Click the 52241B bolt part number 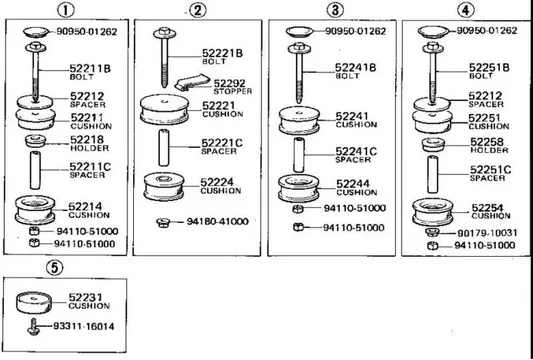click(x=355, y=67)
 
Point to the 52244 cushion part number click(x=353, y=184)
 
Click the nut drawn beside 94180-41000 click(x=160, y=221)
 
